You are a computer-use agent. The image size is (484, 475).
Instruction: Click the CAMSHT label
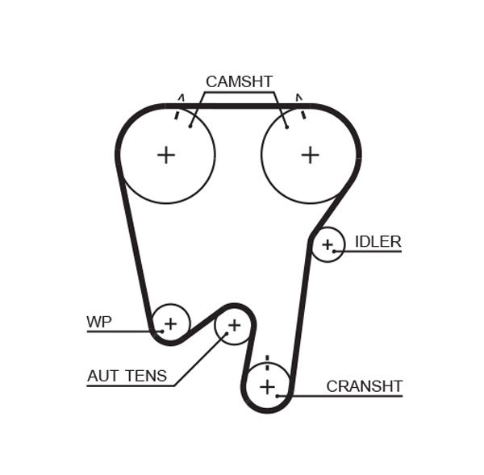pyautogui.click(x=239, y=81)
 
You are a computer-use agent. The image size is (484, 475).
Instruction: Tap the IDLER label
pyautogui.click(x=378, y=242)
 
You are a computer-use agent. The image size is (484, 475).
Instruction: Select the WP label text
pyautogui.click(x=99, y=323)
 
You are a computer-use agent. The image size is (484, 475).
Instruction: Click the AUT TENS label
pyautogui.click(x=127, y=376)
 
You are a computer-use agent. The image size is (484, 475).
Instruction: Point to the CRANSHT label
pyautogui.click(x=364, y=386)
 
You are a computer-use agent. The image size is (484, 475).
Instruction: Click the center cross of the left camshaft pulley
pyautogui.click(x=166, y=155)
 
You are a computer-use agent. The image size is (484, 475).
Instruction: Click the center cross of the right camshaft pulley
pyautogui.click(x=311, y=155)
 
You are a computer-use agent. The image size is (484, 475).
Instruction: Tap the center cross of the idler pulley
pyautogui.click(x=328, y=244)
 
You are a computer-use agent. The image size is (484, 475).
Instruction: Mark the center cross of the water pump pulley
pyautogui.click(x=170, y=324)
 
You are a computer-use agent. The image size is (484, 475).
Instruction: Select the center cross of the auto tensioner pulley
pyautogui.click(x=234, y=325)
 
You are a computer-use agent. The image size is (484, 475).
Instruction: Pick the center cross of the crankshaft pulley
pyautogui.click(x=267, y=387)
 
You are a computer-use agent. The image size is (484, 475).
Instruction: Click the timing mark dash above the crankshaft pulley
pyautogui.click(x=266, y=360)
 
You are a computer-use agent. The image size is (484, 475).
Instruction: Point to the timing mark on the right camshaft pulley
pyautogui.click(x=303, y=114)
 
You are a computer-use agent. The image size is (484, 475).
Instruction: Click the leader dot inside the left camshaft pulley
pyautogui.click(x=190, y=126)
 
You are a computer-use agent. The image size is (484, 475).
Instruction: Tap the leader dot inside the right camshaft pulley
pyautogui.click(x=286, y=126)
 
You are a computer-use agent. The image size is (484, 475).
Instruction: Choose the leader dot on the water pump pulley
pyautogui.click(x=161, y=331)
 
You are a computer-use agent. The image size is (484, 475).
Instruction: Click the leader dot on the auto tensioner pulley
pyautogui.click(x=226, y=334)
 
